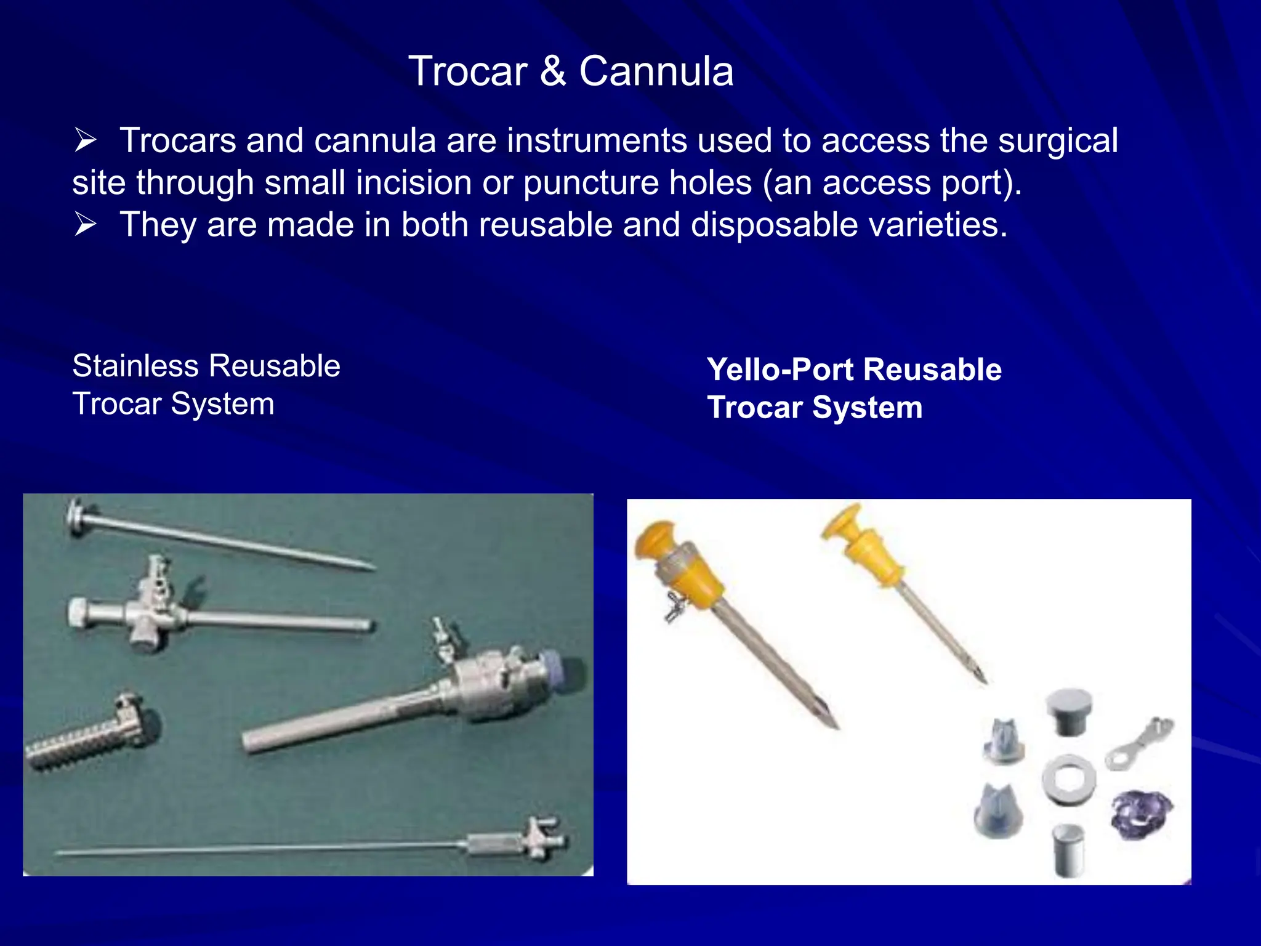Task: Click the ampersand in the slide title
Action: click(x=553, y=71)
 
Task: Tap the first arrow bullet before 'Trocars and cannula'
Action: click(x=86, y=140)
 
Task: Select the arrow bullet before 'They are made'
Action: click(x=86, y=225)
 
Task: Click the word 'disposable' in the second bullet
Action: click(x=774, y=225)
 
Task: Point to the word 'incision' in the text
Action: click(x=413, y=183)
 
